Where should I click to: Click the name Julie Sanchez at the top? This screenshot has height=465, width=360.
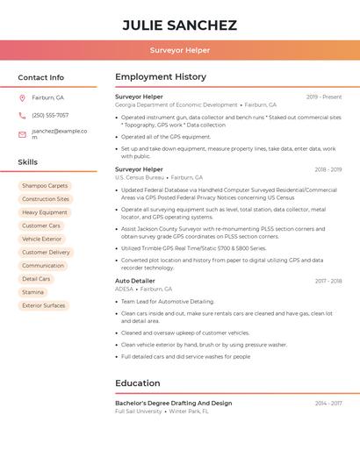[179, 25]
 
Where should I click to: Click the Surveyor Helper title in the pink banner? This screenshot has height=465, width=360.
[179, 51]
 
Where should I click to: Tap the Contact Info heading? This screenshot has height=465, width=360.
[40, 77]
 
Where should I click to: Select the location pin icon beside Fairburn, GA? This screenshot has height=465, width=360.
[22, 97]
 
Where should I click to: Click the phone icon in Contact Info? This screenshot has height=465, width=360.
[22, 115]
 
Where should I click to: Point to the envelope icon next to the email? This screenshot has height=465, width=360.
[22, 134]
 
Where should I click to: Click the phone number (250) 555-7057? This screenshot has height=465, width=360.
[50, 115]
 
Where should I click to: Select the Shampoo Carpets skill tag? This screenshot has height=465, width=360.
[45, 186]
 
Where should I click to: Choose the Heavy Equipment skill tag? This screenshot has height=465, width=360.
[45, 212]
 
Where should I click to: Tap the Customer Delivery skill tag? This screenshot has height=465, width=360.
[46, 252]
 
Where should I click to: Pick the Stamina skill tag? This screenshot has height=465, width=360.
[32, 292]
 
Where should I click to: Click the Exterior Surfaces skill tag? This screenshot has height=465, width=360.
[44, 305]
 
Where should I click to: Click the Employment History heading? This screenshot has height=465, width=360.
[161, 77]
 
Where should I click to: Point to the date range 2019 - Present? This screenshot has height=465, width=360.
[324, 97]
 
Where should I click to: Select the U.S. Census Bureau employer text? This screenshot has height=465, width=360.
[140, 177]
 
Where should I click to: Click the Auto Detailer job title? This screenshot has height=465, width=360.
[134, 281]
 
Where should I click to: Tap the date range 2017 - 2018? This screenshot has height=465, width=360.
[328, 281]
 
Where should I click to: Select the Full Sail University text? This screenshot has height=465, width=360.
[139, 411]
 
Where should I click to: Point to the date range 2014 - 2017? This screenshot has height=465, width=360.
[328, 403]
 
